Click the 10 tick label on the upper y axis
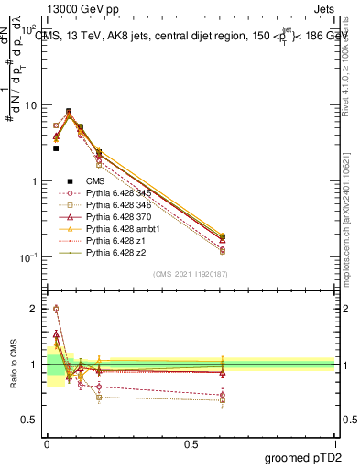pos(30,105)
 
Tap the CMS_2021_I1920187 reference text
pos(191,274)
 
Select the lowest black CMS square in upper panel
pos(56,147)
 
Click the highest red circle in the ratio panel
pos(56,309)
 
